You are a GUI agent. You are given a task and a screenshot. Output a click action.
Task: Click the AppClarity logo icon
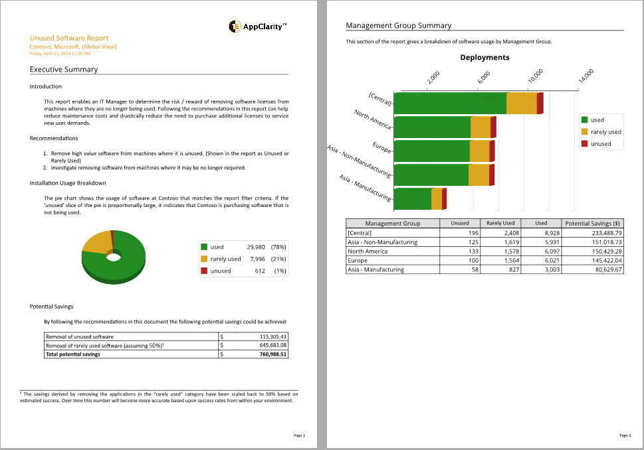point(235,27)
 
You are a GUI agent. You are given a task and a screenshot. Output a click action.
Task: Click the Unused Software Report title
point(69,38)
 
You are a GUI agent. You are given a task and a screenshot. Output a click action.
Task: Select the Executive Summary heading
point(64,69)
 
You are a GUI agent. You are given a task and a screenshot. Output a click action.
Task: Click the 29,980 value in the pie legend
point(256,247)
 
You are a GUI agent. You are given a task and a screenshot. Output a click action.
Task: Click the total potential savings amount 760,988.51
point(272,354)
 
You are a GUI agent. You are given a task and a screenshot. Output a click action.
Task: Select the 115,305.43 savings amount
point(273,337)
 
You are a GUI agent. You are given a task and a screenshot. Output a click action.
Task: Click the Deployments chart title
point(484,58)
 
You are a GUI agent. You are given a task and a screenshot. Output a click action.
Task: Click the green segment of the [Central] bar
point(450,104)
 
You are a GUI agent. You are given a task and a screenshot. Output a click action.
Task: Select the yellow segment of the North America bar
point(480,127)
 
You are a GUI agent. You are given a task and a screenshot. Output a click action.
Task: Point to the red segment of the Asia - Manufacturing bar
point(444,199)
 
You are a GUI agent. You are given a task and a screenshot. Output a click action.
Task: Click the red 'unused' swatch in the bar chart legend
point(585,143)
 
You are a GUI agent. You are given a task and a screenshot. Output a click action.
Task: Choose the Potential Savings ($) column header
point(592,224)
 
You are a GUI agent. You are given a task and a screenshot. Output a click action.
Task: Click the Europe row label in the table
point(358,261)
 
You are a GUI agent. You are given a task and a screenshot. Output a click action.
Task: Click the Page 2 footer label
point(625,435)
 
